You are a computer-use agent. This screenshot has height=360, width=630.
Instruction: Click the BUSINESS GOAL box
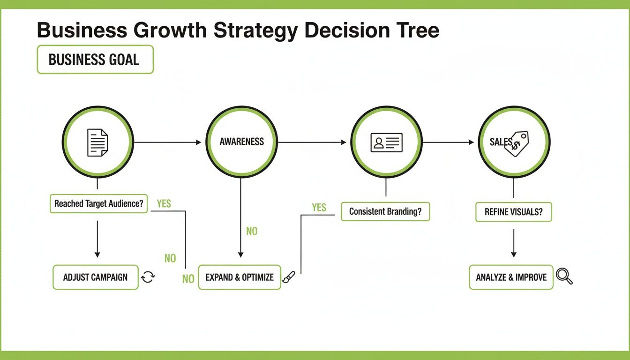(x=95, y=60)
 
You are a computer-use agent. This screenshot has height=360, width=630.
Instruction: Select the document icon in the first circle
(x=97, y=142)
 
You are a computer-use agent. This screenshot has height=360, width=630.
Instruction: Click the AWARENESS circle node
(x=241, y=142)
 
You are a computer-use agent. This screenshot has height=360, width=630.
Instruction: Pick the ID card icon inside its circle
(x=386, y=142)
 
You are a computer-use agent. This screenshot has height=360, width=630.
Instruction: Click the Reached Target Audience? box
(x=98, y=204)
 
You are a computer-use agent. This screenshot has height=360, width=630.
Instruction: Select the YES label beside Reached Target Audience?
(x=164, y=203)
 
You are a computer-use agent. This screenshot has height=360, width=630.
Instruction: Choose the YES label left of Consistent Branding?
(x=319, y=207)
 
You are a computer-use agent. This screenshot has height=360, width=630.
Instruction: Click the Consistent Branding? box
(x=385, y=211)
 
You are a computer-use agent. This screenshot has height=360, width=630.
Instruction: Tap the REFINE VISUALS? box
(x=514, y=212)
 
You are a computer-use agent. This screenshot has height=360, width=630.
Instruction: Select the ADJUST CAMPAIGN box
(x=95, y=277)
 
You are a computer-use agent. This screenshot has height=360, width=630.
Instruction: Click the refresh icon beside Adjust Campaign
(x=148, y=277)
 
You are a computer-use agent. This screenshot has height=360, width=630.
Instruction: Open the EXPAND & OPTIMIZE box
(x=240, y=277)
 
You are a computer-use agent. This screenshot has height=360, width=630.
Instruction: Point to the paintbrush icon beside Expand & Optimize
(x=288, y=277)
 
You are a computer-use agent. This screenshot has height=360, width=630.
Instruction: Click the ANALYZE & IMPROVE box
(x=511, y=277)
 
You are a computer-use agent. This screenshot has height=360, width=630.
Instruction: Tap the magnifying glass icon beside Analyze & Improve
(x=564, y=276)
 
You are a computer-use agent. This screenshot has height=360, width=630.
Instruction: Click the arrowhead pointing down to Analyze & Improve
(x=514, y=254)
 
